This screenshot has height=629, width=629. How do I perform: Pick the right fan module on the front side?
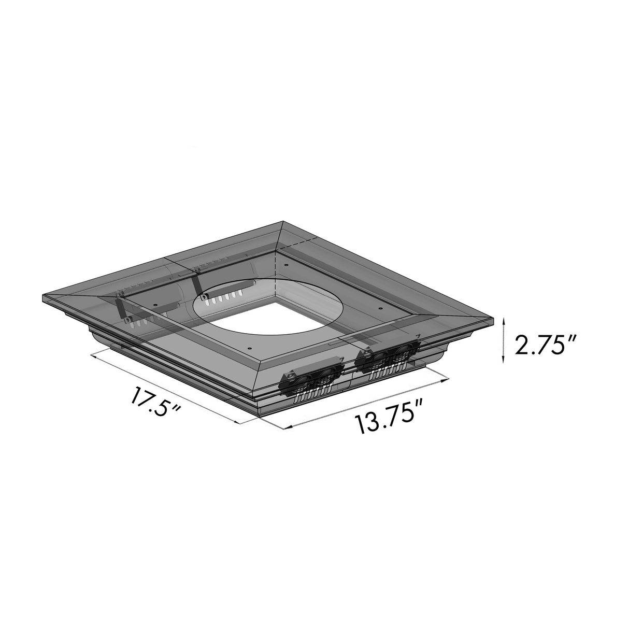389,359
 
